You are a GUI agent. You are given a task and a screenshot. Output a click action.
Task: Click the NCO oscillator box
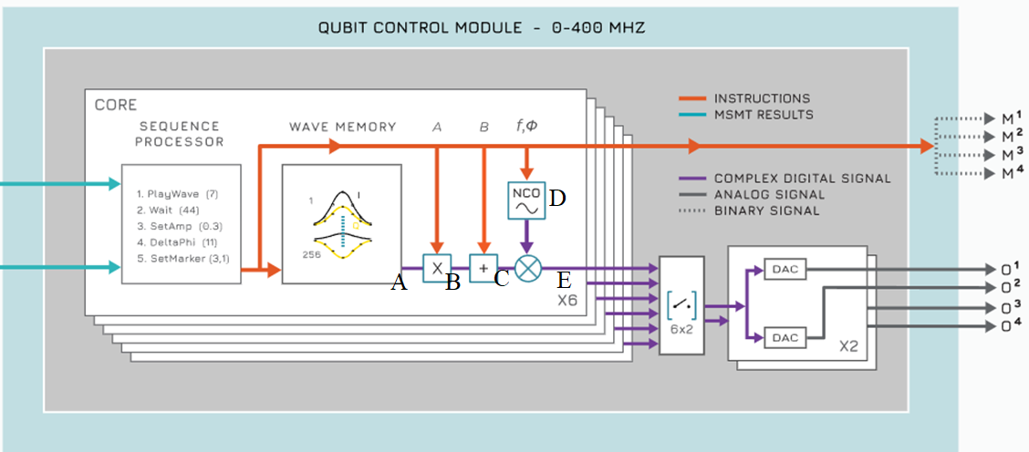tap(526, 200)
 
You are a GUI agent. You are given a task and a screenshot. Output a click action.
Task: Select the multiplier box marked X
tap(437, 268)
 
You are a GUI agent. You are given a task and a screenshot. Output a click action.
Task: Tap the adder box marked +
tap(483, 268)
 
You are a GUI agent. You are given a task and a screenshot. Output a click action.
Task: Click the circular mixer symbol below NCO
tap(527, 268)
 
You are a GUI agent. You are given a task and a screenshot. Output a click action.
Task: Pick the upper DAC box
tap(784, 269)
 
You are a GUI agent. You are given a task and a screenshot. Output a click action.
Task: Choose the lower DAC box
tap(784, 337)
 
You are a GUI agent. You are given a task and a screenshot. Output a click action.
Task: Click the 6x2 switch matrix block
tap(681, 304)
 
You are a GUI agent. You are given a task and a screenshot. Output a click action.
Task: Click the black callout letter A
tap(398, 283)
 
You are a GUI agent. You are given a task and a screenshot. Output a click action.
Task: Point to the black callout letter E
tap(565, 281)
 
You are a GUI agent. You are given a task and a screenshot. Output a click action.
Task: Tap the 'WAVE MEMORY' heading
tap(342, 127)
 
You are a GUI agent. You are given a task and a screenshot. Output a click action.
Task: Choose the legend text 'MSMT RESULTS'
tap(764, 114)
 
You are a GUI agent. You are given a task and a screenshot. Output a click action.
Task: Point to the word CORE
tap(116, 105)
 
